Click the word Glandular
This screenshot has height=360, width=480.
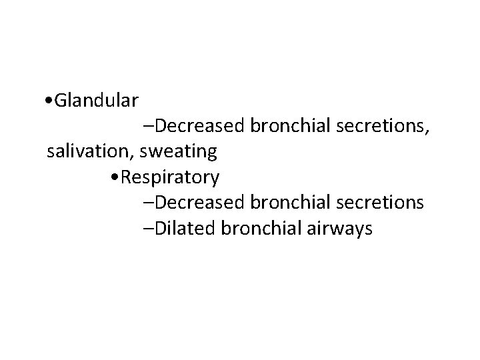(x=97, y=101)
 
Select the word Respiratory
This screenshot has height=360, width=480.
(x=171, y=178)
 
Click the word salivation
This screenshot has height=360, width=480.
(x=91, y=152)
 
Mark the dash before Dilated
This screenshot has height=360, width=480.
(x=147, y=229)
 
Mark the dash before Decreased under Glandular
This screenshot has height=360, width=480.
(x=147, y=126)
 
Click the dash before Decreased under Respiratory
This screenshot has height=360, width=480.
(x=147, y=203)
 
